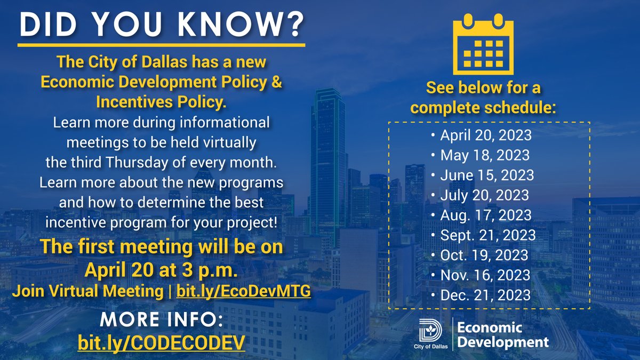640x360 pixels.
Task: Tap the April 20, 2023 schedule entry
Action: click(486, 135)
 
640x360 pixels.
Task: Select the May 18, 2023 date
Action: click(485, 155)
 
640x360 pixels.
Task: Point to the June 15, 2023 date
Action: click(487, 175)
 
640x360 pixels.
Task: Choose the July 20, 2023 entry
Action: click(485, 195)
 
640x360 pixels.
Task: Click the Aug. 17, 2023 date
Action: click(486, 215)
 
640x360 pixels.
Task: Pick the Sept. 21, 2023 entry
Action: click(488, 235)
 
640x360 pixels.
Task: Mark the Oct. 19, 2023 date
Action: click(484, 255)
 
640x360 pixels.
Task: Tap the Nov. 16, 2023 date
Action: click(485, 275)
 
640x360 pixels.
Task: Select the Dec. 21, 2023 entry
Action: click(485, 295)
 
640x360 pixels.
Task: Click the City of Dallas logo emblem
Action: click(429, 332)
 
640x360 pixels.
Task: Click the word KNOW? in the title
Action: click(249, 24)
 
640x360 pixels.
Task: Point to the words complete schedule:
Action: click(484, 107)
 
